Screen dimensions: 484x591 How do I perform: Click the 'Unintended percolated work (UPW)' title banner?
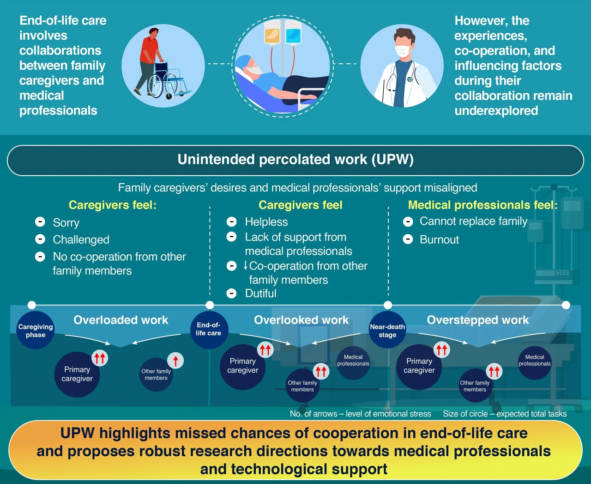[x=295, y=160]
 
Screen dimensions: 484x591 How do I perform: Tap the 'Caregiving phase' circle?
[x=36, y=330]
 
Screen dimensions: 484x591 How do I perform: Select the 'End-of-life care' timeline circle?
[x=209, y=329]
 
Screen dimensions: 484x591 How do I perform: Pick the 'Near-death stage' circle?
[x=387, y=330]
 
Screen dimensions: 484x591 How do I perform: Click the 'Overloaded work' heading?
[x=121, y=320]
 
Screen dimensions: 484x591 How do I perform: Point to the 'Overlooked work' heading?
[x=301, y=320]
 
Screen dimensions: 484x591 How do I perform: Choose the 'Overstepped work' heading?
[x=477, y=320]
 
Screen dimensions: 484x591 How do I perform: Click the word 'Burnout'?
[x=439, y=239]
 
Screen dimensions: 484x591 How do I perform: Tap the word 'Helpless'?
[x=266, y=222]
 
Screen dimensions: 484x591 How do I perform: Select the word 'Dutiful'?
[x=261, y=294]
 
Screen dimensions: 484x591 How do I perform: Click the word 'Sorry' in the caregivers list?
[x=66, y=223]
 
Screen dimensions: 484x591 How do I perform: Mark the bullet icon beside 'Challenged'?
[x=40, y=239]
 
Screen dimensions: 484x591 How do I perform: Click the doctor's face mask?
[x=403, y=51]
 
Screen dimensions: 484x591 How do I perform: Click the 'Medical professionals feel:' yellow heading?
[x=482, y=205]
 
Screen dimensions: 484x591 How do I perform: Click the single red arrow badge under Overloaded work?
[x=175, y=360]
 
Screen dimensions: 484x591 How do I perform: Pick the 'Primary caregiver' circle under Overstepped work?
[x=419, y=367]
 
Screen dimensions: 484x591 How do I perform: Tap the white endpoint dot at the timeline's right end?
[x=566, y=305]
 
